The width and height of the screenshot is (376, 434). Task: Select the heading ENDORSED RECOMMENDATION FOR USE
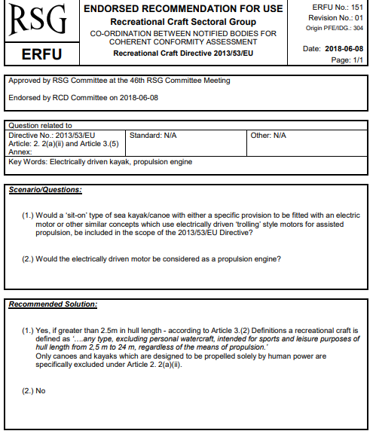point(183,9)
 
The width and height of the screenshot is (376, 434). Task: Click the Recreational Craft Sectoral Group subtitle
point(183,22)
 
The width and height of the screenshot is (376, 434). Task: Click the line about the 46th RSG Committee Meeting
point(119,81)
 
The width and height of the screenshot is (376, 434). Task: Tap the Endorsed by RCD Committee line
point(83,98)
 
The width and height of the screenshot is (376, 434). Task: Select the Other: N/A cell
point(269,136)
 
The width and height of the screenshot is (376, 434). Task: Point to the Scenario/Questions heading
point(45,190)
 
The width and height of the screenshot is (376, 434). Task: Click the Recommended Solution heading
point(52,305)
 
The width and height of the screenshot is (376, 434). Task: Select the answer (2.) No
point(34,390)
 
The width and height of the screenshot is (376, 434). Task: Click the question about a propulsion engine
point(151,258)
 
